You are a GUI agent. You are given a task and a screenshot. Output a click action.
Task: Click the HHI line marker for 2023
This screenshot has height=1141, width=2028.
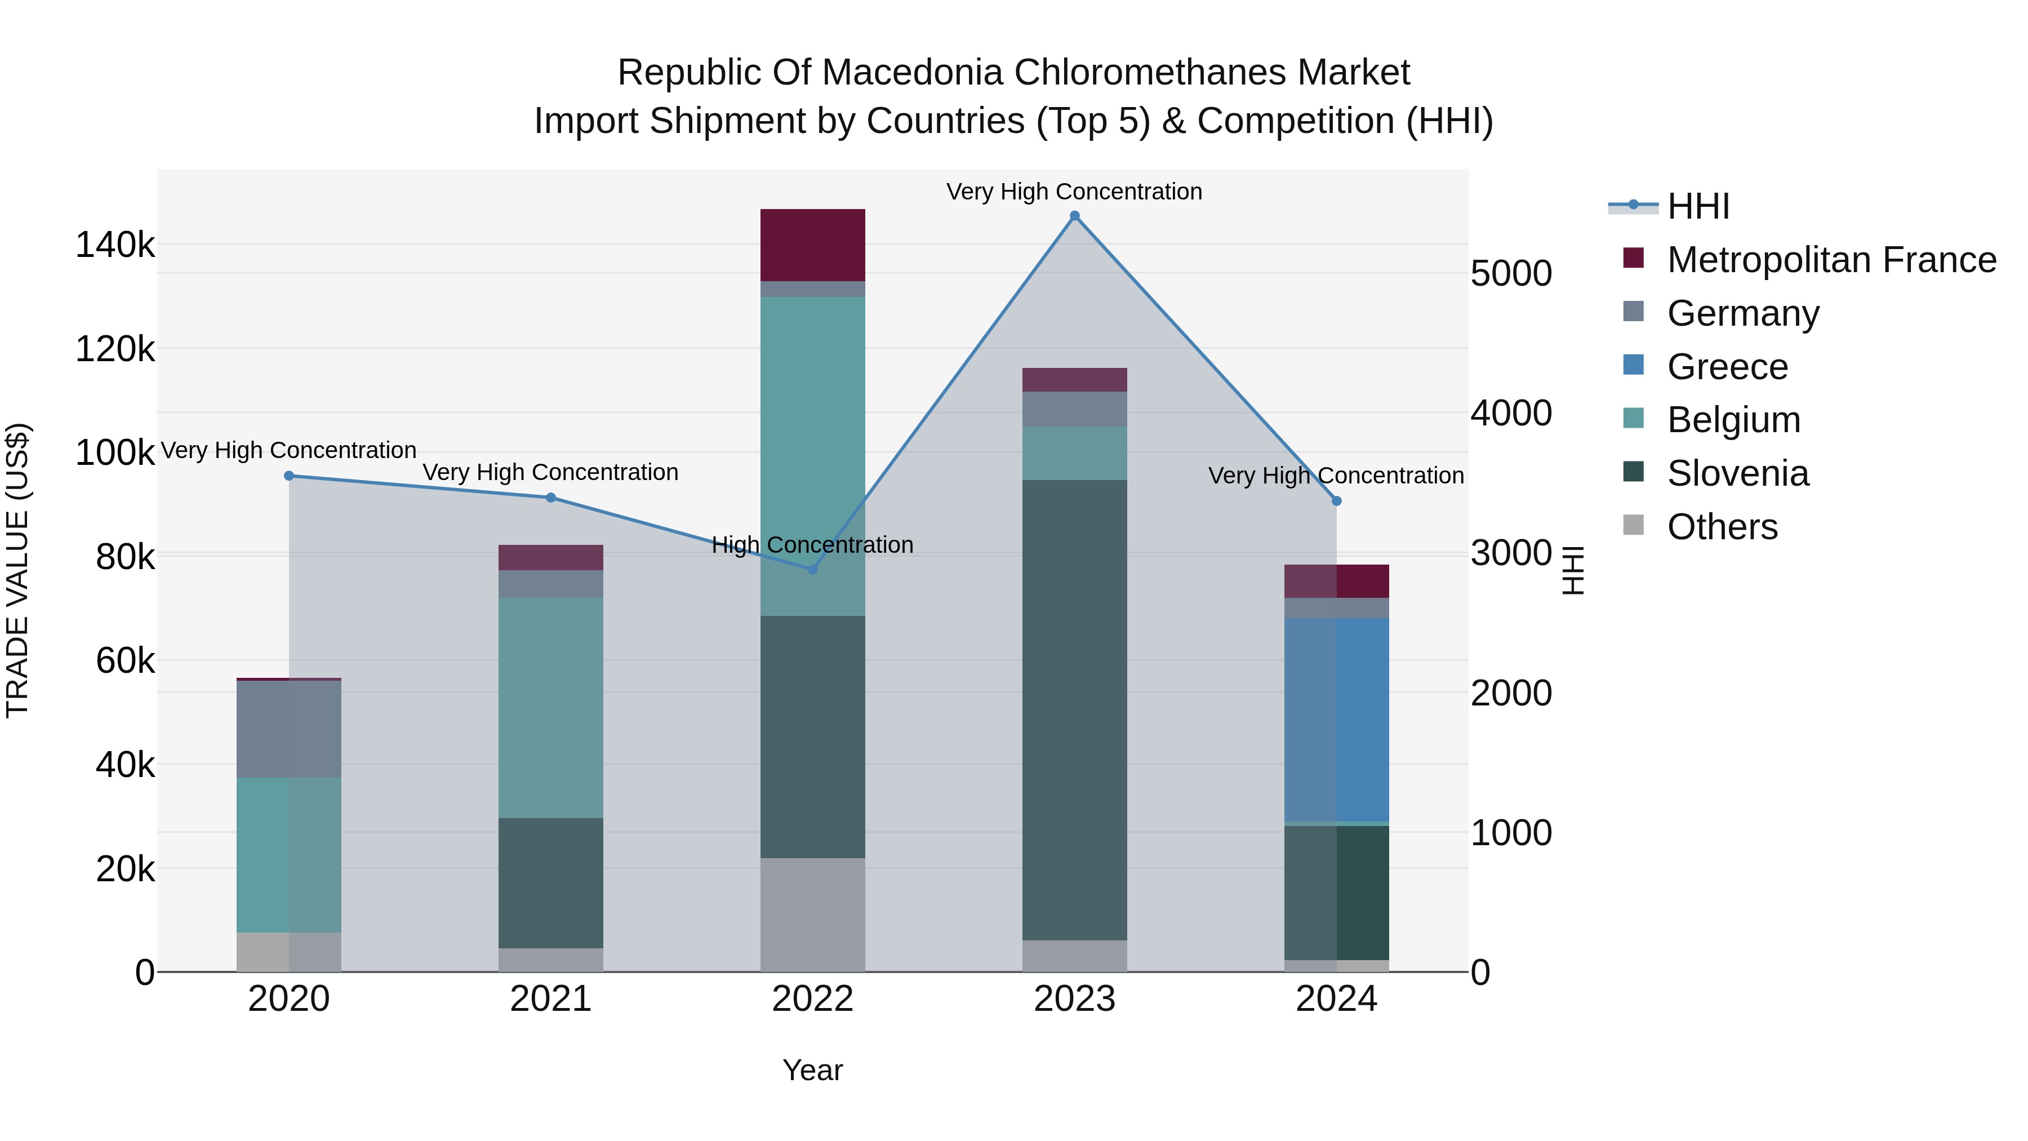pyautogui.click(x=1075, y=216)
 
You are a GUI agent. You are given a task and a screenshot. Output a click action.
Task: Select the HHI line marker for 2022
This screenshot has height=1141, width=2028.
pyautogui.click(x=812, y=569)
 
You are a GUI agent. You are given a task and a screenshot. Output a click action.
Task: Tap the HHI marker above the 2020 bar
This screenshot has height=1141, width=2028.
pyautogui.click(x=289, y=476)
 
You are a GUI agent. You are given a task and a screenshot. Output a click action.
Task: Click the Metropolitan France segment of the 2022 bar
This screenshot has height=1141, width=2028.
pyautogui.click(x=812, y=245)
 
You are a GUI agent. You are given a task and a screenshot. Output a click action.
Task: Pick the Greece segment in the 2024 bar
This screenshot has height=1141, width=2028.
pyautogui.click(x=1336, y=720)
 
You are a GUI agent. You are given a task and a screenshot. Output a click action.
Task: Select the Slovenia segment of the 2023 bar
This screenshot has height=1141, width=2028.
pyautogui.click(x=1075, y=709)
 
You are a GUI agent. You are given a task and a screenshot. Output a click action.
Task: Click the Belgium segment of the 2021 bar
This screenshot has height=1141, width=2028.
pyautogui.click(x=550, y=707)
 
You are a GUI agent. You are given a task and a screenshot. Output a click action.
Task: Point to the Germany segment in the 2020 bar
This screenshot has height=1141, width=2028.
pyautogui.click(x=289, y=729)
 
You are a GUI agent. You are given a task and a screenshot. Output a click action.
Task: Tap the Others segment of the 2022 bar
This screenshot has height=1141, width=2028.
pyautogui.click(x=812, y=914)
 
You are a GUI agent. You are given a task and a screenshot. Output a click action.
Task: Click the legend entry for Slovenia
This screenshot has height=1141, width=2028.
pyautogui.click(x=1737, y=473)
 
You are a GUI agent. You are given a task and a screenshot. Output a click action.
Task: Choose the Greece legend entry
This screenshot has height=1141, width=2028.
pyautogui.click(x=1727, y=366)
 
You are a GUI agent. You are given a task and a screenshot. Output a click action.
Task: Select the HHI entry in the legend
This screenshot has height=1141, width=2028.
pyautogui.click(x=1698, y=206)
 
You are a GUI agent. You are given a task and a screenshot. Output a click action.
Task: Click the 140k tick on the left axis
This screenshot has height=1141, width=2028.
pyautogui.click(x=115, y=245)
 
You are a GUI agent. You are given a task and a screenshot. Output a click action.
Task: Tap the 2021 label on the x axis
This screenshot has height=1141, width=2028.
pyautogui.click(x=550, y=999)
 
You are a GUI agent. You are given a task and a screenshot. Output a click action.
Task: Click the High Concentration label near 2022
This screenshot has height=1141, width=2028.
pyautogui.click(x=812, y=545)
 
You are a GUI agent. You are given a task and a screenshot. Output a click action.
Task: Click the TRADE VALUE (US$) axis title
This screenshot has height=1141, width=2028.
pyautogui.click(x=17, y=570)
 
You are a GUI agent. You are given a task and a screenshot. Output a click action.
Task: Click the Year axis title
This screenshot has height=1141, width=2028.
pyautogui.click(x=812, y=1070)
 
